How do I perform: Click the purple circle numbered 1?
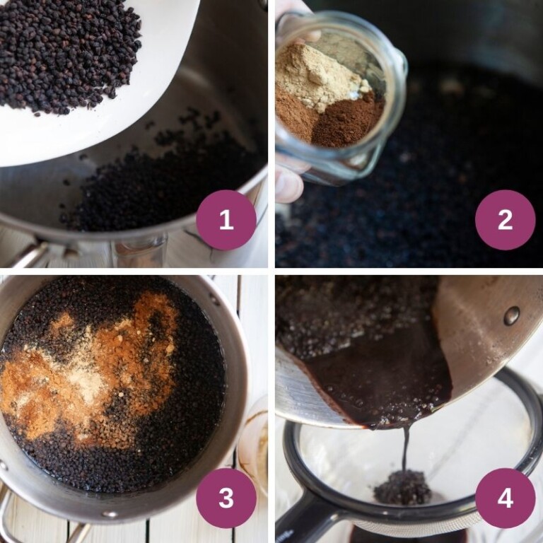click(226, 220)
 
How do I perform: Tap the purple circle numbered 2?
click(505, 220)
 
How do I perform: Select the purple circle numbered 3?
click(226, 498)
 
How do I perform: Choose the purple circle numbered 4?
click(505, 498)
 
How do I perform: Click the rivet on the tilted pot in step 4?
click(511, 315)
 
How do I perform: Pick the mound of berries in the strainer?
click(403, 488)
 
